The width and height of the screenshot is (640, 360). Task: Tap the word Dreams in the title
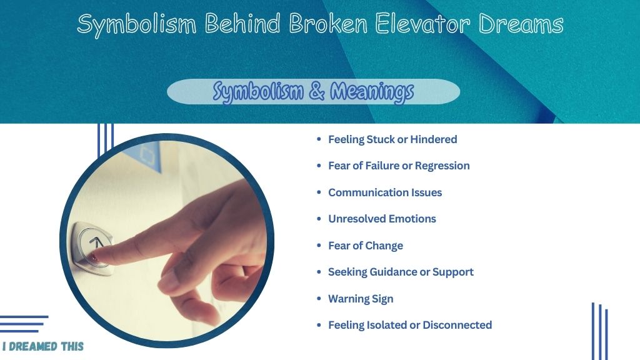[521, 24]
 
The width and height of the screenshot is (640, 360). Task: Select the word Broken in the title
[328, 24]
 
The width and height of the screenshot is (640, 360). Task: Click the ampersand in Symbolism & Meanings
[317, 91]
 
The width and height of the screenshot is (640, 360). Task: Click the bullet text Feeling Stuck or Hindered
[392, 139]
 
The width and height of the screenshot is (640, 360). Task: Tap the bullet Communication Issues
[385, 192]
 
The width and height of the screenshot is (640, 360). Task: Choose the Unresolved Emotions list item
[382, 219]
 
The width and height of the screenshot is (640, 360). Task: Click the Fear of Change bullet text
[366, 246]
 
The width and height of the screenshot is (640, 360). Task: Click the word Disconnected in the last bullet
[457, 325]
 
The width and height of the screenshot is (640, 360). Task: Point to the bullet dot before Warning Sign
[319, 298]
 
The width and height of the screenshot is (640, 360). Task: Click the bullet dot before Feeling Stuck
[319, 139]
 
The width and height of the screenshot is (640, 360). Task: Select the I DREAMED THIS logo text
[43, 347]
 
